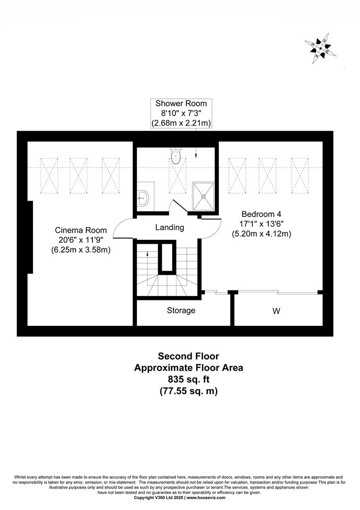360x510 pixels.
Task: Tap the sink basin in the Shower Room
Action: coord(143,197)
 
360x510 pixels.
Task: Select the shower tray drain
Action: coord(204,196)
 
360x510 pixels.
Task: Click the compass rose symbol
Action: coord(320,49)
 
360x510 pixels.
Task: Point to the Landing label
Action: coord(169,227)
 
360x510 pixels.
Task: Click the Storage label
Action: coord(181,311)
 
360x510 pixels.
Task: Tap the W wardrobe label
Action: coord(276,311)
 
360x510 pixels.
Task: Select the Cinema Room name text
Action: coord(81,230)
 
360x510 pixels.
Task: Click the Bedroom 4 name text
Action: coord(261,214)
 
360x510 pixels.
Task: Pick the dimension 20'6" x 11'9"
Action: coord(81,240)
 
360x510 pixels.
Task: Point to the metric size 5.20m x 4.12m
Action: coord(261,234)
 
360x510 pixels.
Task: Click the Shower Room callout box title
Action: coord(181,103)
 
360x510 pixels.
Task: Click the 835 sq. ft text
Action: coord(189,379)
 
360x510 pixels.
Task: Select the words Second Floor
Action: coord(188,356)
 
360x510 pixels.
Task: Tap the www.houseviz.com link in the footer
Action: coord(206,498)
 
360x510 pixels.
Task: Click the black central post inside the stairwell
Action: coord(167,256)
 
